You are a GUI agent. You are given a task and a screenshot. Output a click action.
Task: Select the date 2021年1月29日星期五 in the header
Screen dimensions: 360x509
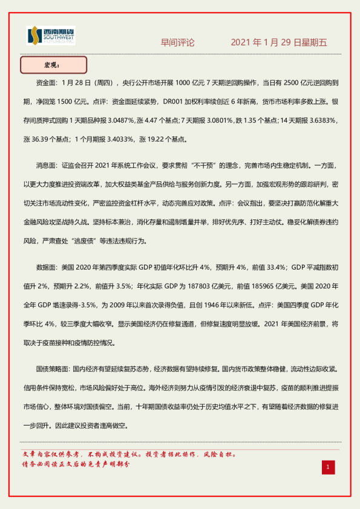tap(278, 43)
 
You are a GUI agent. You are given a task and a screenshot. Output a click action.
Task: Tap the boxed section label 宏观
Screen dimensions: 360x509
tap(53, 64)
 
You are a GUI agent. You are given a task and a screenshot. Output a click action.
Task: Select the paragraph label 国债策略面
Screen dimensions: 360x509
tap(53, 368)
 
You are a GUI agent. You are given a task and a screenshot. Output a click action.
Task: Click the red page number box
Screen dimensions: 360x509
tap(327, 467)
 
